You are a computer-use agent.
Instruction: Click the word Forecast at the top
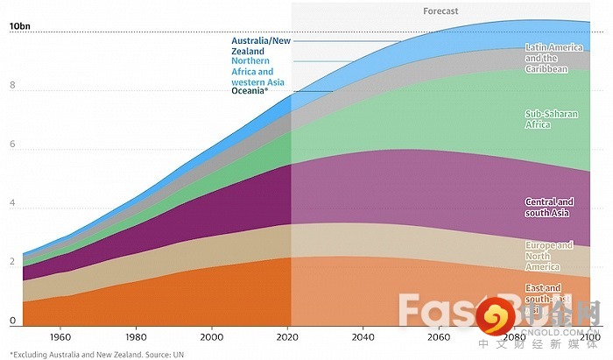[x=440, y=11]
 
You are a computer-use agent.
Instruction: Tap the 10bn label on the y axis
[x=20, y=27]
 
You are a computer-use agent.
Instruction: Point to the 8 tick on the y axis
[x=12, y=86]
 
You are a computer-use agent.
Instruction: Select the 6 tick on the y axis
[x=12, y=145]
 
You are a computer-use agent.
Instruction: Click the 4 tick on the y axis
[x=12, y=204]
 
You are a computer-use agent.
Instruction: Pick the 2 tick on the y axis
[x=12, y=263]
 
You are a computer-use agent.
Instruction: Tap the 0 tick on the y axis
[x=12, y=321]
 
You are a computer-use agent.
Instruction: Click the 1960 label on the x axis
[x=60, y=337]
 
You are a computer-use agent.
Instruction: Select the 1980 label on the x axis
[x=135, y=337]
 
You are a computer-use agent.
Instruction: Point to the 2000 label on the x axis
[x=211, y=337]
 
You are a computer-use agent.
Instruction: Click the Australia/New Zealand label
[x=261, y=46]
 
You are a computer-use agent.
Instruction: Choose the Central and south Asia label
[x=549, y=207]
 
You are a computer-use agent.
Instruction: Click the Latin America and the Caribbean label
[x=547, y=58]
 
